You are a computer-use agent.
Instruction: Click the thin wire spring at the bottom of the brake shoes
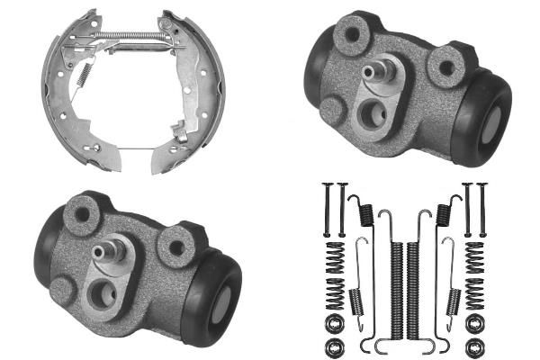135,147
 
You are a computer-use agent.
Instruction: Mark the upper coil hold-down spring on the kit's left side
334,261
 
